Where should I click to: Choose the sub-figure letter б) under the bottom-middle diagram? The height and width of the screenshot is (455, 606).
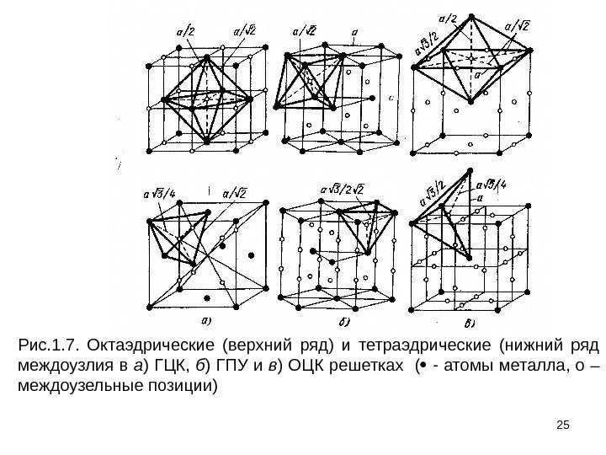coord(345,322)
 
